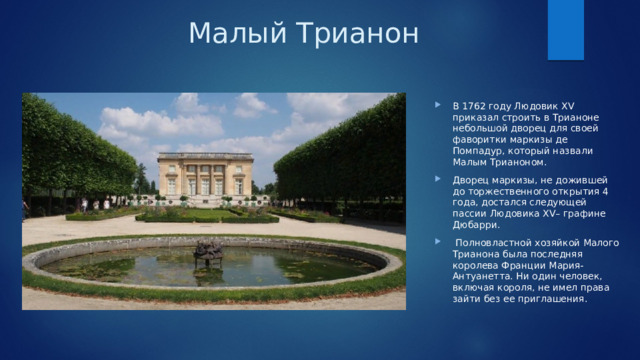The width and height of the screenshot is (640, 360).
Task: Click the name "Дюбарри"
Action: [476, 225]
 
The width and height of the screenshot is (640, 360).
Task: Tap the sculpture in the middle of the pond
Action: [208, 251]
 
